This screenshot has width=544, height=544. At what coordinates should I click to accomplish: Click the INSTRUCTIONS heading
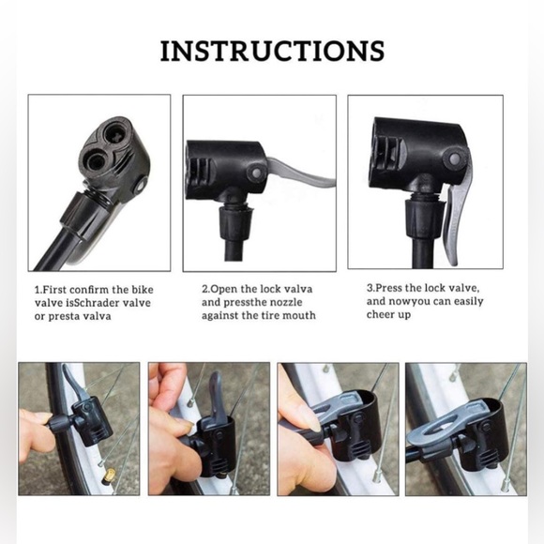point(272,51)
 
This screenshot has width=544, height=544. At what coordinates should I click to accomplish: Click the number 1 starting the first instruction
point(38,289)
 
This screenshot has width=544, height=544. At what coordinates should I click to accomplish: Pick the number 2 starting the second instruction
point(204,289)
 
